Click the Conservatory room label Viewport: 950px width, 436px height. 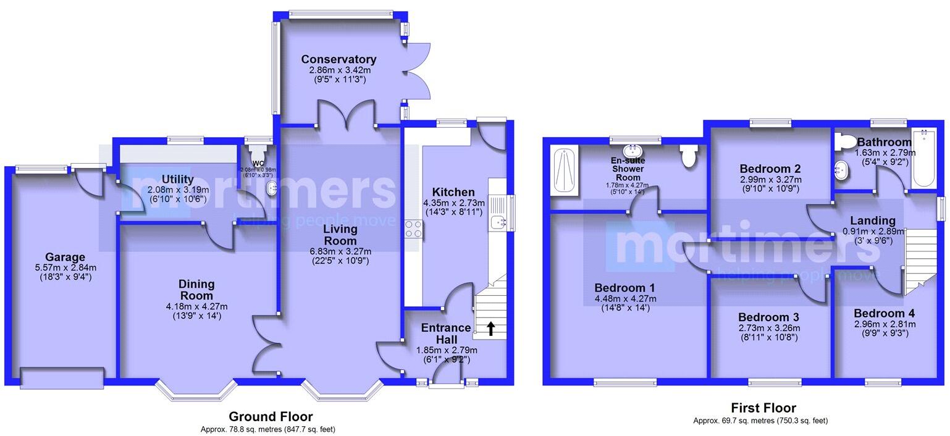tap(338, 59)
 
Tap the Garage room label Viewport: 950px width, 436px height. tap(64, 257)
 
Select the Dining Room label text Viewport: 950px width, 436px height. tap(196, 290)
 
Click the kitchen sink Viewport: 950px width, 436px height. tap(497, 222)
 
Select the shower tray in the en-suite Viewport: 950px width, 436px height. tap(564, 171)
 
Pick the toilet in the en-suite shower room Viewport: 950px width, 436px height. tap(688, 156)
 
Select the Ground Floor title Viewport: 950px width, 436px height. tap(271, 417)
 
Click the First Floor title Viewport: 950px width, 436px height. tap(763, 408)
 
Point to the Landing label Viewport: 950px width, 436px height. tap(872, 220)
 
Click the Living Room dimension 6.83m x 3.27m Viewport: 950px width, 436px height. tap(340, 251)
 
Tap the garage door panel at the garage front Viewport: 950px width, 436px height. tap(62, 377)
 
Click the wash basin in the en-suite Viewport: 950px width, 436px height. tap(633, 150)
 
